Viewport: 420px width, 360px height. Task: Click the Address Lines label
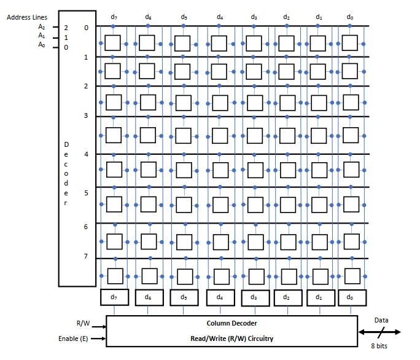[x=27, y=17]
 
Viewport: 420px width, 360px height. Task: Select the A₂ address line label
[x=42, y=27]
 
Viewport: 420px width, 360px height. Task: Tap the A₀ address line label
[x=42, y=45]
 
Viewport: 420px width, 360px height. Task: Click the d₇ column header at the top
[x=114, y=17]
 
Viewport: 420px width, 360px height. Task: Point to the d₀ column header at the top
[x=349, y=17]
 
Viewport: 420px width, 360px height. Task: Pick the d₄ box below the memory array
[x=220, y=297]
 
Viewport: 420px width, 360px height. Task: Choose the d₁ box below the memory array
[x=318, y=297]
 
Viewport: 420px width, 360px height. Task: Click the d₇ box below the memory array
[x=114, y=297]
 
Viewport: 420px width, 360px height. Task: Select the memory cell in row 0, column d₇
[x=113, y=42]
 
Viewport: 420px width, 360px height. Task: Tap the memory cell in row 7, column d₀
[x=349, y=275]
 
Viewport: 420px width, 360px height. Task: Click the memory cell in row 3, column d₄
[x=220, y=135]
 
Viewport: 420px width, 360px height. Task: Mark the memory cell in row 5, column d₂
[x=287, y=203]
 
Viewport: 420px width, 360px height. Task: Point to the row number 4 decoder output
[x=86, y=154]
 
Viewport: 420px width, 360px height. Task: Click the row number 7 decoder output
[x=86, y=257]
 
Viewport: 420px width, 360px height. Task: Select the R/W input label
[x=83, y=323]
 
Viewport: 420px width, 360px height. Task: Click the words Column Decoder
[x=231, y=323]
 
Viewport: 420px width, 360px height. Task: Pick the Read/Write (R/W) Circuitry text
[x=231, y=338]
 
